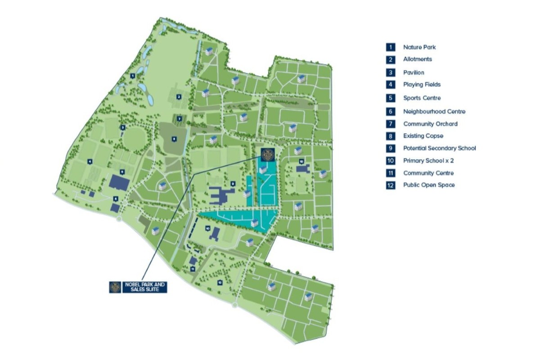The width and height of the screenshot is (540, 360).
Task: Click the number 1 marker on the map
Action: [x=133, y=76]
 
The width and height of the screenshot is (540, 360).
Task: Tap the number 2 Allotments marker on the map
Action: [x=179, y=96]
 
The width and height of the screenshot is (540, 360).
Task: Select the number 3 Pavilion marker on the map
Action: [x=122, y=127]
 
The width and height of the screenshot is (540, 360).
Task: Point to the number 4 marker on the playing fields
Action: [x=90, y=161]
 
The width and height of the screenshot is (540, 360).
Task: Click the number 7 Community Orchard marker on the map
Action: [x=179, y=119]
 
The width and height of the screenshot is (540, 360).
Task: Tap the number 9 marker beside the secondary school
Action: [x=232, y=183]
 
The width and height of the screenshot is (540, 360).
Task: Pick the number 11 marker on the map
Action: [x=193, y=269]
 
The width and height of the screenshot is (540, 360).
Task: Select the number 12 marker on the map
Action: [x=220, y=282]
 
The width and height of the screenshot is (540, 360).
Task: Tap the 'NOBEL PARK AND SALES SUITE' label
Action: [x=145, y=287]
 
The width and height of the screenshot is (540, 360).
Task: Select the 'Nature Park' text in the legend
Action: [x=419, y=47]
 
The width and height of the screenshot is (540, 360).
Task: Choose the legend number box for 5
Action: [x=391, y=98]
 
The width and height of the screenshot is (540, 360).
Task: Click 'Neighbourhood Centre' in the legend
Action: [x=434, y=111]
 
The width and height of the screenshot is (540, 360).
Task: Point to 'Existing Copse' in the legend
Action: [x=423, y=136]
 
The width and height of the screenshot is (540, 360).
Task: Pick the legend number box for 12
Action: [x=391, y=185]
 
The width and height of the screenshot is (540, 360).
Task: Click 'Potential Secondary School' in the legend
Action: [x=439, y=148]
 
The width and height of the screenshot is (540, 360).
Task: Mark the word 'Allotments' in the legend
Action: [x=417, y=59]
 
